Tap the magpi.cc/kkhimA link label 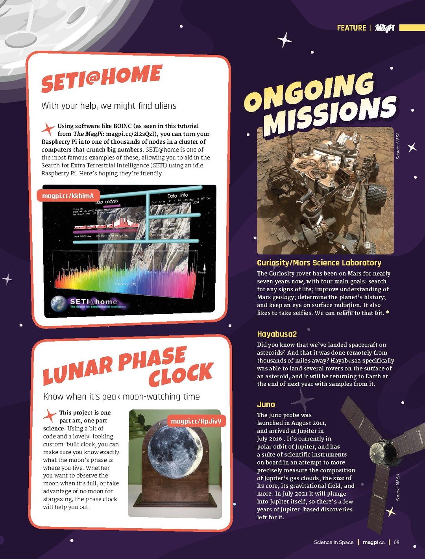point(68,196)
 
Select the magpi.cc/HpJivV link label point(196,421)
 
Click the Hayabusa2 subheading point(277,334)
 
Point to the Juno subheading point(266,404)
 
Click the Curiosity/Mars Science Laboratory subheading point(319,263)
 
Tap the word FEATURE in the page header point(351,28)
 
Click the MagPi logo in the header point(384,28)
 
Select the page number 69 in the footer point(397,542)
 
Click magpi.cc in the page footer point(373,542)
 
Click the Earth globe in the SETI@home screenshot point(59,304)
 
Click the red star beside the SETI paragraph point(48,128)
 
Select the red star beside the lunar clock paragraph point(50,416)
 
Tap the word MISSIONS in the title point(330,115)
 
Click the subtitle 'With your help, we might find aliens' point(109,106)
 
